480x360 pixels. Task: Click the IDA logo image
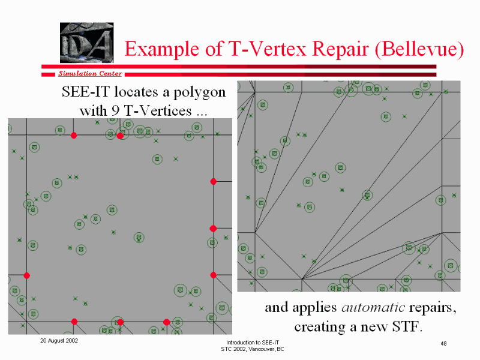coord(86,43)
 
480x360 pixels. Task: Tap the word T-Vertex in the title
coord(267,49)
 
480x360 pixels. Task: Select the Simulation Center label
coord(91,73)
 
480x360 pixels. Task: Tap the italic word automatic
coord(373,307)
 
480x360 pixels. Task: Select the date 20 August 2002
coord(59,341)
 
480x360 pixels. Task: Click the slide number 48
coord(443,343)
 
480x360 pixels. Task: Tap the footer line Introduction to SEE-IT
coord(253,343)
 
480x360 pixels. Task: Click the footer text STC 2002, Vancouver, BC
coord(253,349)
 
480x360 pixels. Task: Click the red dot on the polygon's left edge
coord(26,276)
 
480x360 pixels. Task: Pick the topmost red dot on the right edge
coord(214,182)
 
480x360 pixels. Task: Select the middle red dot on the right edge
coord(214,229)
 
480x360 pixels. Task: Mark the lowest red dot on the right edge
coord(214,275)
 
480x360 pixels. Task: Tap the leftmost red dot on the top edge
coord(74,136)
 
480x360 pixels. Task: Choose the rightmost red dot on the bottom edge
coord(167,322)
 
